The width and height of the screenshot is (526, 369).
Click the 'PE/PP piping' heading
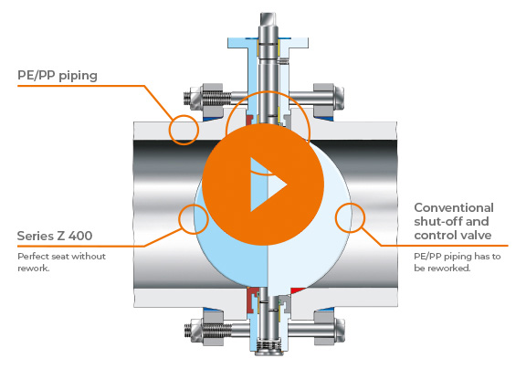pos(58,76)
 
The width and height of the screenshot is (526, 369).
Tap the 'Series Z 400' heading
pos(55,236)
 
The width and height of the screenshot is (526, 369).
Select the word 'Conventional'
pos(454,207)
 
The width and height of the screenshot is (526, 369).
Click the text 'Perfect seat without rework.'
pos(61,262)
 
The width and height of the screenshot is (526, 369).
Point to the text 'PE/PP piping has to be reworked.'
pos(458,262)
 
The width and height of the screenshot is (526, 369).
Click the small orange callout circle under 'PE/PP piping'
pos(184,130)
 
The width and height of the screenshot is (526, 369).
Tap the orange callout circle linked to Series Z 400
pos(194,219)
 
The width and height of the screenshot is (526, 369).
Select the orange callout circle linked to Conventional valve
pos(350,217)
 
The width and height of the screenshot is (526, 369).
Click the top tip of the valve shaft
pos(268,14)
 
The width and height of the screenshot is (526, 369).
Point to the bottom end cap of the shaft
pos(268,352)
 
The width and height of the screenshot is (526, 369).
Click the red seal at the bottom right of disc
pos(298,290)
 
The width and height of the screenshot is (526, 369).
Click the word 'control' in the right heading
pos(436,235)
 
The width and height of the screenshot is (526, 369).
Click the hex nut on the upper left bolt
pos(211,98)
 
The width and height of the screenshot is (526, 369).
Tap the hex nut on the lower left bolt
pos(212,331)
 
